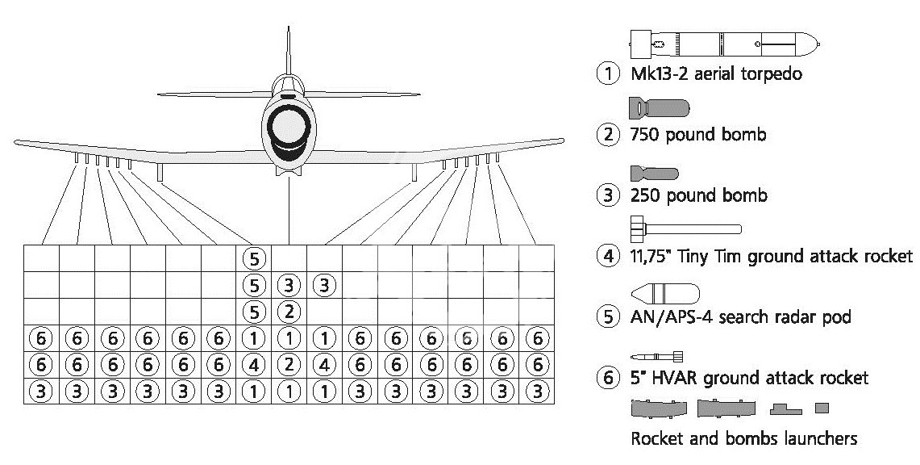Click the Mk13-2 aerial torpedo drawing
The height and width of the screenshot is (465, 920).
(x=725, y=44)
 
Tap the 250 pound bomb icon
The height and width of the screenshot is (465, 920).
(x=654, y=174)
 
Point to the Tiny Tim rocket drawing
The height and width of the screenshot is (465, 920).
(x=685, y=229)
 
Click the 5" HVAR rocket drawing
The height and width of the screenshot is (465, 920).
(x=657, y=356)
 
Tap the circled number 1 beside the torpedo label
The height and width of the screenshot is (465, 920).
(x=608, y=74)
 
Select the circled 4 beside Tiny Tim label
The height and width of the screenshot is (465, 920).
(x=608, y=256)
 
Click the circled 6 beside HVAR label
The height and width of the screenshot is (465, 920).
(x=608, y=377)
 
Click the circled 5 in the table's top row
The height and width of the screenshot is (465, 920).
(x=253, y=258)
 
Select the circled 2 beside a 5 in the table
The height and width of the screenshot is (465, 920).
(x=289, y=311)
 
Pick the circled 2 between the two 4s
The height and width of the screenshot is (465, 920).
(x=289, y=365)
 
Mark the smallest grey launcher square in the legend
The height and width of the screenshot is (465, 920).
(x=822, y=408)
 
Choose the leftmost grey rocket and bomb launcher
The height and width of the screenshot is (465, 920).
(x=659, y=408)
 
